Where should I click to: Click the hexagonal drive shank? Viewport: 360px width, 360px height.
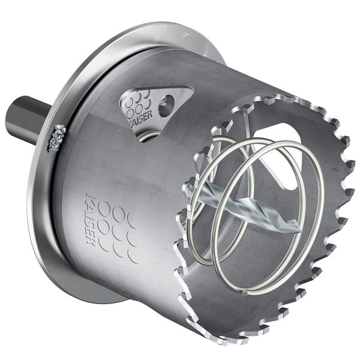pos(27,119)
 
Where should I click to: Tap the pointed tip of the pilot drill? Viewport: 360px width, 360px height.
pos(298,227)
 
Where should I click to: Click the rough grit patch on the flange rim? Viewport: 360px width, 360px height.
pos(58,137)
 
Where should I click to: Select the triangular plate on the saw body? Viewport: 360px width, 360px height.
pos(153,106)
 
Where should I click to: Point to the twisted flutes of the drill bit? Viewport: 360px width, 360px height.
pos(240,207)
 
